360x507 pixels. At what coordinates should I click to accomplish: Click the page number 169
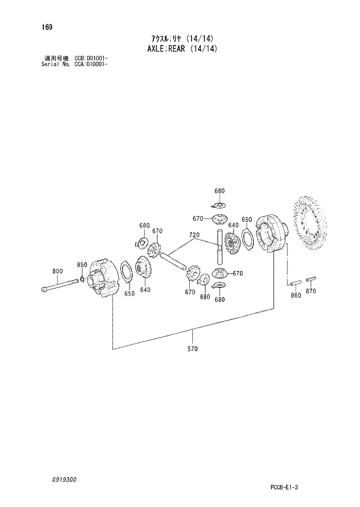pyautogui.click(x=45, y=26)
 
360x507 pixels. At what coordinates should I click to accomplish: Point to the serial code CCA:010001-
pyautogui.click(x=91, y=64)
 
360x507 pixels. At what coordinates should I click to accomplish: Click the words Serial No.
pyautogui.click(x=55, y=64)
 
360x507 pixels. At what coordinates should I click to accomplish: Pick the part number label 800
pyautogui.click(x=57, y=271)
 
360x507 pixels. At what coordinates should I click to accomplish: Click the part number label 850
pyautogui.click(x=82, y=265)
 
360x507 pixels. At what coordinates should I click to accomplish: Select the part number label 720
pyautogui.click(x=194, y=235)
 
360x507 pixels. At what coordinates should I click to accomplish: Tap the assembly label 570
pyautogui.click(x=193, y=349)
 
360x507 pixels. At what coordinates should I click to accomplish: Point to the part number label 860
pyautogui.click(x=296, y=296)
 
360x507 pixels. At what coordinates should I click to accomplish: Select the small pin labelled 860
pyautogui.click(x=295, y=283)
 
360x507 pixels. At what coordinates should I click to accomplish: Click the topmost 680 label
pyautogui.click(x=219, y=191)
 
